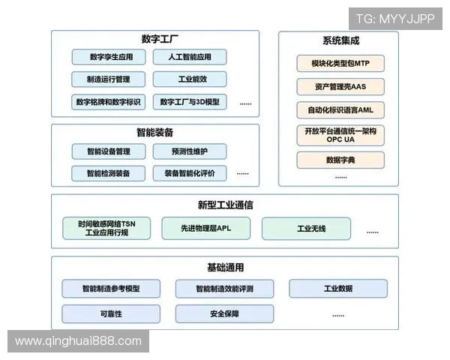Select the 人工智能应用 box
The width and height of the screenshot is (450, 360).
click(190, 57)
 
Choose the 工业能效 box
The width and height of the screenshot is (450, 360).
click(190, 79)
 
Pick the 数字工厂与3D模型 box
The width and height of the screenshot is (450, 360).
click(190, 101)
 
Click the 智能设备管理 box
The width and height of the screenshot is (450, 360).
click(109, 151)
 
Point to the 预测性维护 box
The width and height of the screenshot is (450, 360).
click(190, 151)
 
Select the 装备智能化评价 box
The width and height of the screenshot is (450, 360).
click(190, 173)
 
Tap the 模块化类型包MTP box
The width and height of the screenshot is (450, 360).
click(340, 63)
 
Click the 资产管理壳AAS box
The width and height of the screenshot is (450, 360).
click(340, 86)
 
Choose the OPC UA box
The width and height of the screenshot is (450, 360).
click(340, 135)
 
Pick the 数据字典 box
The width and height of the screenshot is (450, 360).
click(340, 160)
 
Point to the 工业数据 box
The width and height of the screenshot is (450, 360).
click(337, 289)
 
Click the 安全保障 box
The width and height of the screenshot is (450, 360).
click(224, 313)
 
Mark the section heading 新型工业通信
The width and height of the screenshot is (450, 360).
click(224, 205)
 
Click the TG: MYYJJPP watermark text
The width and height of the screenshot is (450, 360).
click(395, 18)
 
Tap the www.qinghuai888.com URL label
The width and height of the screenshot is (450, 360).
click(78, 341)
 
